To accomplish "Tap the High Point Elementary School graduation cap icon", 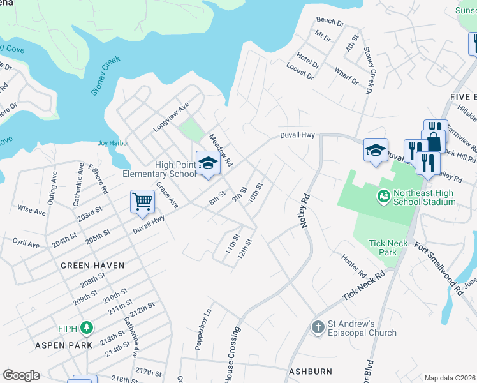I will [207, 163].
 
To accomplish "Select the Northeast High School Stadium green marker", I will [383, 196].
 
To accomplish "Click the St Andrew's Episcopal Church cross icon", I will [318, 327].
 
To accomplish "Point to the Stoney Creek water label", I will [105, 79].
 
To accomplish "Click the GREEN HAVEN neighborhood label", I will [92, 265].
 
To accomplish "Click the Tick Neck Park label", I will [392, 248].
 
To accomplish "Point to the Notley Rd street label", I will [305, 211].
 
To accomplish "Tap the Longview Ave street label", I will [172, 117].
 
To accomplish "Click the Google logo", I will [21, 375].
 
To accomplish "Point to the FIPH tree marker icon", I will [86, 328].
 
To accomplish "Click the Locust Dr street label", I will [300, 75].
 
